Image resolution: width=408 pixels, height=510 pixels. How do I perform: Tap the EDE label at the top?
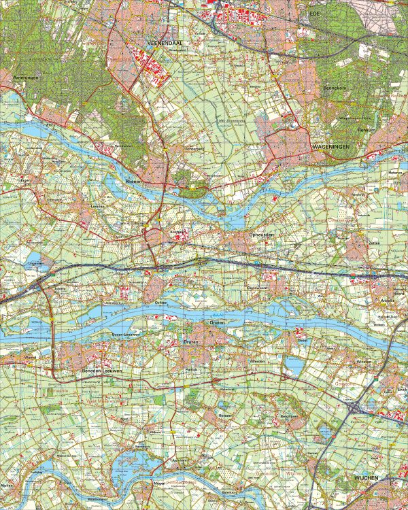tap(313, 13)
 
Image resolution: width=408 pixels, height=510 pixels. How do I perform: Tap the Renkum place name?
tap(366, 129)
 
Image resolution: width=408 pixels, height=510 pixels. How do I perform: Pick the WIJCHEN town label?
tap(364, 479)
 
